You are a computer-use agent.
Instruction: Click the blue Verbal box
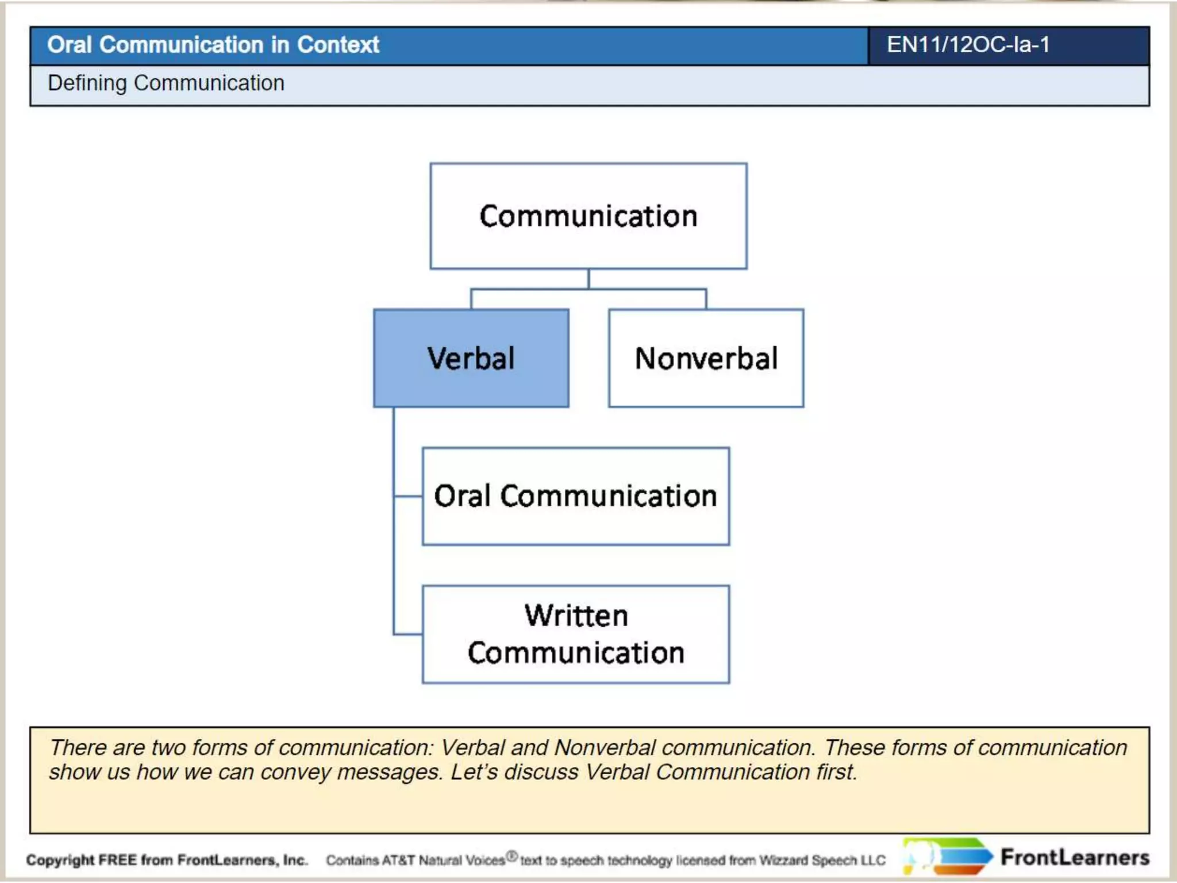tap(471, 358)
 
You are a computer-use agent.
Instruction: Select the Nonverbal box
tap(706, 358)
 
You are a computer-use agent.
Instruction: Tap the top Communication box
tap(588, 216)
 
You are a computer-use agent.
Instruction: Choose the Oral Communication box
tap(575, 496)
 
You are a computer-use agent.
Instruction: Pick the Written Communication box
tap(575, 634)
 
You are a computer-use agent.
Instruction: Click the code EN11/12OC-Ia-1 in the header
tap(968, 45)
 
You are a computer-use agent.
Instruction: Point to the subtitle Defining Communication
tap(166, 83)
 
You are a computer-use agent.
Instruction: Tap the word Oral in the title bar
tap(69, 45)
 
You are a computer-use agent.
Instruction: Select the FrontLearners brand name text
tap(1075, 857)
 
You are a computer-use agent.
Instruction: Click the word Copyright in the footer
tap(60, 860)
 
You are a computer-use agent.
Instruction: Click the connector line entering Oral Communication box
tap(409, 496)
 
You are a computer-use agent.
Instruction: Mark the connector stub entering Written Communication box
tap(408, 634)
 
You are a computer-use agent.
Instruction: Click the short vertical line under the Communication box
tap(588, 279)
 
